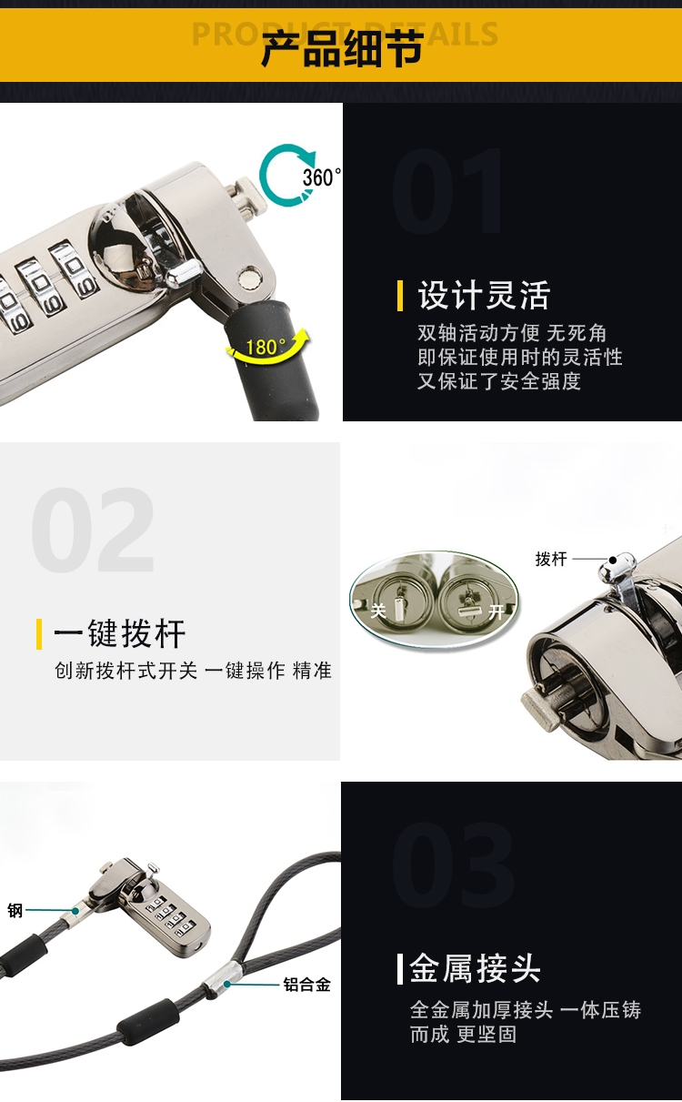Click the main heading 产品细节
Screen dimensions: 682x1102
click(x=342, y=49)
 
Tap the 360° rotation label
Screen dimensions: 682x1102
click(x=322, y=177)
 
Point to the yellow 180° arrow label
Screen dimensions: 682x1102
click(x=266, y=347)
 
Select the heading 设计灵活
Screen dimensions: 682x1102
click(x=484, y=296)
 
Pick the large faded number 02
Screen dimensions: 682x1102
click(x=93, y=530)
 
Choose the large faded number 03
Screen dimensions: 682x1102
click(x=453, y=864)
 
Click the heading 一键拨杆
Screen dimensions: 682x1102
click(x=119, y=633)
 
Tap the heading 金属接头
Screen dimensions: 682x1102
click(x=475, y=968)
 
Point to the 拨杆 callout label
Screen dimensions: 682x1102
click(x=551, y=559)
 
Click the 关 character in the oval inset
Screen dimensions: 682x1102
click(x=378, y=611)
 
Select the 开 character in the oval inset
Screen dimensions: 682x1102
click(x=496, y=612)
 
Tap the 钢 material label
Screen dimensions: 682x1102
click(x=15, y=911)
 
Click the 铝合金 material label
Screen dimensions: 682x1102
click(x=306, y=985)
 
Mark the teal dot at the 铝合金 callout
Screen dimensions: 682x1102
click(x=227, y=984)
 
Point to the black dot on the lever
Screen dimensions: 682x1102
click(x=613, y=560)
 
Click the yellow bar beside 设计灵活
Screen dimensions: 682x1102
click(x=400, y=296)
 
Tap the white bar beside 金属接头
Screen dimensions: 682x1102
click(x=400, y=968)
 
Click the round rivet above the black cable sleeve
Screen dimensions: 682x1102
click(x=250, y=278)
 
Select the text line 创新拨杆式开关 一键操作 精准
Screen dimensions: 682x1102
click(x=194, y=671)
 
